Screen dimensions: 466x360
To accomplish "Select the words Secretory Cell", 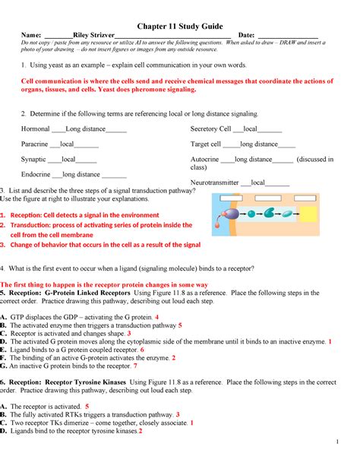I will pos(210,129).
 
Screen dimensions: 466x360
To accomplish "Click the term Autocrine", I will pos(206,159).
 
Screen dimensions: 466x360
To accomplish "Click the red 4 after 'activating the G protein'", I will pos(156,316).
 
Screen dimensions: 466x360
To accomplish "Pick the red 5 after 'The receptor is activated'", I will pos(87,407).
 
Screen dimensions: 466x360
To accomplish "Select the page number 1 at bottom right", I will pos(346,442).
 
